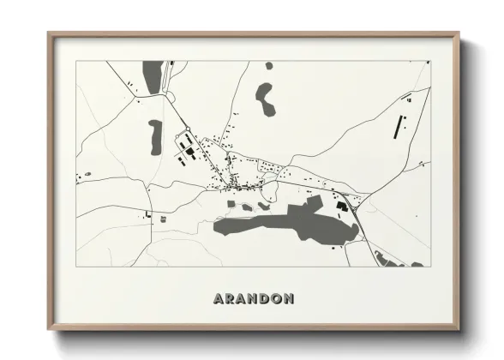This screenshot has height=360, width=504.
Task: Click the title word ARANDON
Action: point(252,298)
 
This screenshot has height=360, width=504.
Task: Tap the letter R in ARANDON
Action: point(228,298)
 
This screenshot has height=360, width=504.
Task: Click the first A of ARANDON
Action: point(215,298)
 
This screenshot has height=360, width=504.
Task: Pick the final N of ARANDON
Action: point(290,298)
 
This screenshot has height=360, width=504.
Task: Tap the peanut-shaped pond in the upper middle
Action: point(264,99)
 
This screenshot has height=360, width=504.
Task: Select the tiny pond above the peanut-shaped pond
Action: point(269,65)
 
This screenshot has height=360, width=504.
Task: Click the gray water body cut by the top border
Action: point(153,71)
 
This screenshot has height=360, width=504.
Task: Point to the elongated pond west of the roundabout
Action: point(155,135)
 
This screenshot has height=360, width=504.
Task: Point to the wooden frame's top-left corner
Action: point(49,33)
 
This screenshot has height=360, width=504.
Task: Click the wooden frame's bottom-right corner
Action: point(459,329)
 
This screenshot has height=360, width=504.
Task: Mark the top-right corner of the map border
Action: point(430,61)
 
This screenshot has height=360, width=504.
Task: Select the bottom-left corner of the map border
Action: point(76,266)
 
